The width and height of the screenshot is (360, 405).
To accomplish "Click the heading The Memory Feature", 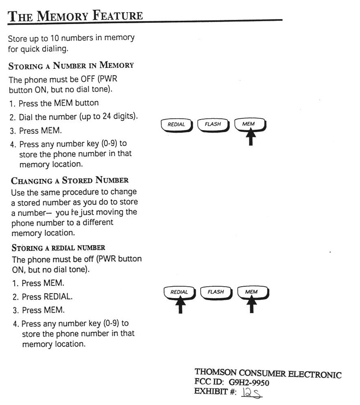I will click(x=75, y=16).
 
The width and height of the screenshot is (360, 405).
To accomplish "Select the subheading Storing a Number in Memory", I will click(x=71, y=65).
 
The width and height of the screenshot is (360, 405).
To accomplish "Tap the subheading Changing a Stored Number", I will click(x=70, y=180).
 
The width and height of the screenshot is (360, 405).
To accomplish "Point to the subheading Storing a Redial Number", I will click(x=59, y=247).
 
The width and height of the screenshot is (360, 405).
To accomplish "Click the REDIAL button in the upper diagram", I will click(x=176, y=124).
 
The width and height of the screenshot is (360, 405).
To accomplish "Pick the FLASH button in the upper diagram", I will click(x=213, y=124).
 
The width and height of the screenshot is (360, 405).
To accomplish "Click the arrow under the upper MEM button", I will click(x=251, y=137).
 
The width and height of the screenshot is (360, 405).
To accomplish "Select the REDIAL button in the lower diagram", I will click(x=179, y=292).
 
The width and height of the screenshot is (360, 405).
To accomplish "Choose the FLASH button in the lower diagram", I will click(x=216, y=292).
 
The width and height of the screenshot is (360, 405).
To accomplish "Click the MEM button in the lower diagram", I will click(x=251, y=292).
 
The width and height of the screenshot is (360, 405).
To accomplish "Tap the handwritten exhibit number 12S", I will click(x=252, y=393).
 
